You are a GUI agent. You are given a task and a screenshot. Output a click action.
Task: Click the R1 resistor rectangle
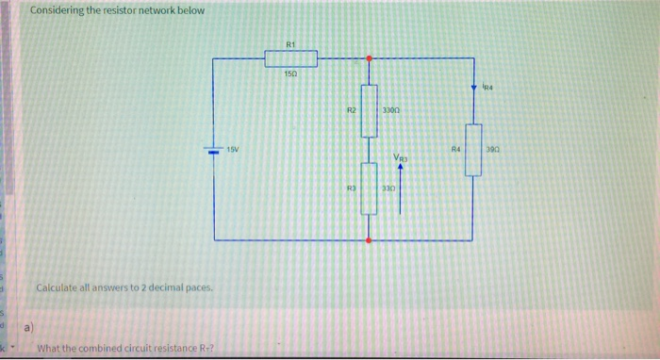[290, 59]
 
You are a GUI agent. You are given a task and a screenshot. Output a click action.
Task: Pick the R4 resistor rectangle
[473, 150]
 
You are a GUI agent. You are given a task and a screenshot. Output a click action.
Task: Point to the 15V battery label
[232, 149]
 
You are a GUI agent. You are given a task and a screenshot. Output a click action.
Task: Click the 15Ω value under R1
[290, 74]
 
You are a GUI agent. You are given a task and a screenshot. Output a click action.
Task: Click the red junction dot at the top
[368, 57]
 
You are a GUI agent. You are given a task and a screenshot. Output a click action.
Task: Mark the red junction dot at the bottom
[368, 241]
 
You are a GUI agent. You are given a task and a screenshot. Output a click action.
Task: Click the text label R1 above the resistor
[290, 43]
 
